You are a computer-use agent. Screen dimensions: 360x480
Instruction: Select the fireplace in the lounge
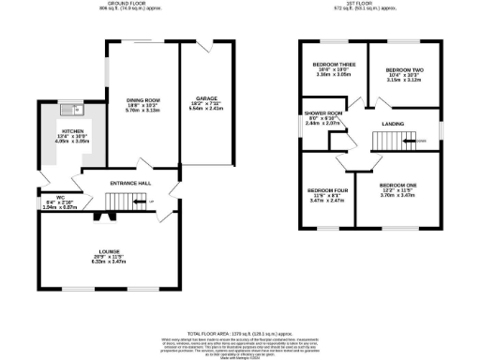pos(104,217)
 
